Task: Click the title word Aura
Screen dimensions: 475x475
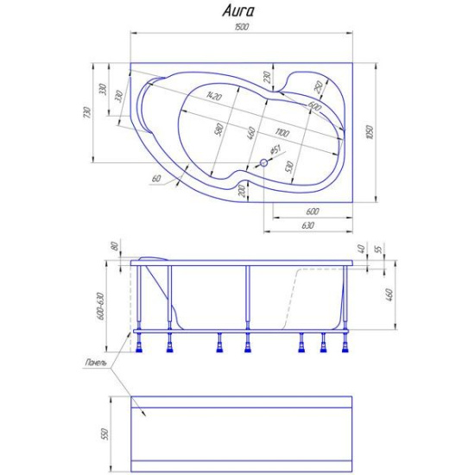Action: coord(237,12)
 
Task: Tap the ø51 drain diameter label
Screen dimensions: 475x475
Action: coord(275,151)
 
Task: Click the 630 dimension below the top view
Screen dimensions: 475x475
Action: coord(307,225)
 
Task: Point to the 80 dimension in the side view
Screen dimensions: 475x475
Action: coord(114,246)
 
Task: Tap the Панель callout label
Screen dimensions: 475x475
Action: coord(97,363)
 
